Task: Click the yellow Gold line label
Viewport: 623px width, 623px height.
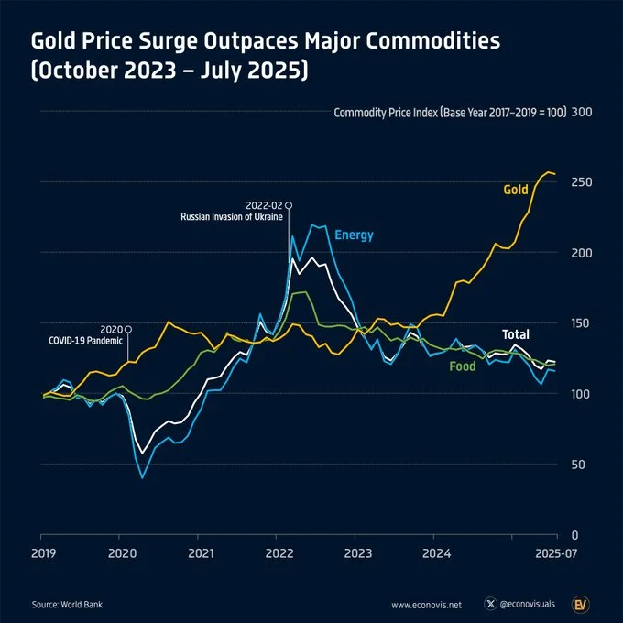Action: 516,190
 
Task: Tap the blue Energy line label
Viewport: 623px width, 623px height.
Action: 354,235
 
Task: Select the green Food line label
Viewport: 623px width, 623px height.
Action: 462,366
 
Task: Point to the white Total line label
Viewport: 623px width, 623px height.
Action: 515,334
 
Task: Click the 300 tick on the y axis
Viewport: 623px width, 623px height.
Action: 582,113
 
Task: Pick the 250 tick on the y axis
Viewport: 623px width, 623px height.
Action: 582,182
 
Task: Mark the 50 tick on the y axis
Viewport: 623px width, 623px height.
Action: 578,465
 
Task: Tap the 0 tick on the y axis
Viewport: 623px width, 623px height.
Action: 575,535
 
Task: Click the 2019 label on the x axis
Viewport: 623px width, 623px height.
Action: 42,553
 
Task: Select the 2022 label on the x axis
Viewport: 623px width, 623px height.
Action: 279,553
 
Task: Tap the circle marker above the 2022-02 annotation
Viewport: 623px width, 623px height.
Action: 289,205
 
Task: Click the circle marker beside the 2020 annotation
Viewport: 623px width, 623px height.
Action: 128,329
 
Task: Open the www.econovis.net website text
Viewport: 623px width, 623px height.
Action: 426,605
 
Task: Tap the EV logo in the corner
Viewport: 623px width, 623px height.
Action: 581,604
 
